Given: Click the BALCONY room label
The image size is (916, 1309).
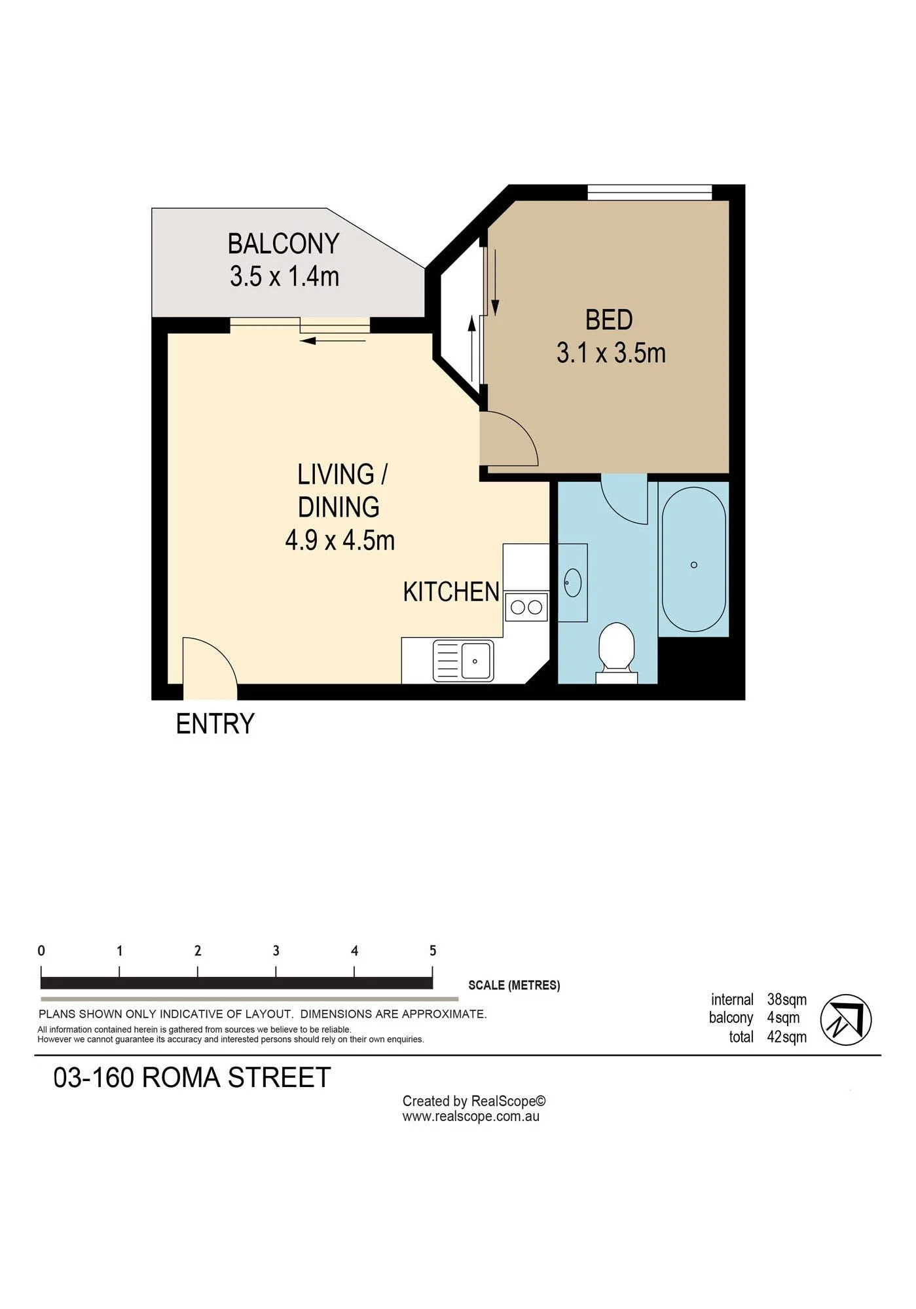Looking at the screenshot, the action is coord(283,244).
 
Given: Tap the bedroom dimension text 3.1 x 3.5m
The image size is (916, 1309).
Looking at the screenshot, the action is coord(611,353).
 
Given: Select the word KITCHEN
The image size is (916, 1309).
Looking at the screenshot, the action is coord(451,591).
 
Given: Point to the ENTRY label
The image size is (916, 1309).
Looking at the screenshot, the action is coord(215,724).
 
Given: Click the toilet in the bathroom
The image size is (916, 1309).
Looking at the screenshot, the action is coord(617,652).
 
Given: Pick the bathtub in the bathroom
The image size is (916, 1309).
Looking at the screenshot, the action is coord(693,559).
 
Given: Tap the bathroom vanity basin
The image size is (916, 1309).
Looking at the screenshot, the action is coord(573,582).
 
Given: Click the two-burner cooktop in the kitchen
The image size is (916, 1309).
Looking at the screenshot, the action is coord(526,607).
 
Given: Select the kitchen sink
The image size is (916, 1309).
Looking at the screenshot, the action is coord(464,661).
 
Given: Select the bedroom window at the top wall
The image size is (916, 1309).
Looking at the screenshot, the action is coord(650,193).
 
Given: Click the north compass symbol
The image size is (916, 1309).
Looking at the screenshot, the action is coord(845,1020).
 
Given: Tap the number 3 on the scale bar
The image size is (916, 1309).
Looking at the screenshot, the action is coord(276,950).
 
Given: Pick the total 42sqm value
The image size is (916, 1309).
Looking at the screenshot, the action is coord(787,1037).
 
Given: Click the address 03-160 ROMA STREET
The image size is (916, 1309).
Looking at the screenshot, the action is coord(192,1077).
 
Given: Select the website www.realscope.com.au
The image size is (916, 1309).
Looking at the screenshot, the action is coord(471,1116).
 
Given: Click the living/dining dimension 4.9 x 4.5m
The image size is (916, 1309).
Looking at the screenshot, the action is coord(340,540).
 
